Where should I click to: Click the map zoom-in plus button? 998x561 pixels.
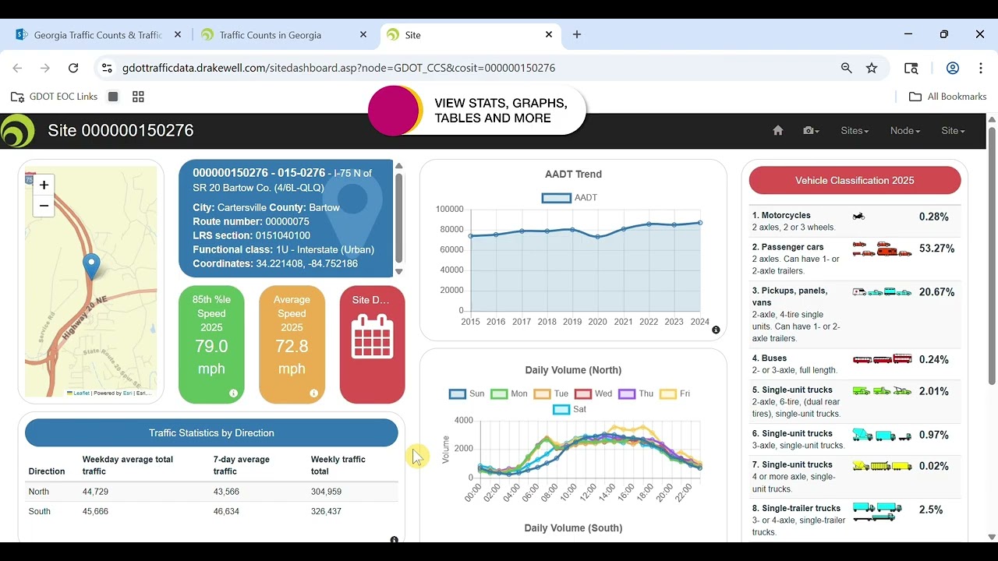[44, 185]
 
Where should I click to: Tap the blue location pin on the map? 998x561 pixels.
[91, 265]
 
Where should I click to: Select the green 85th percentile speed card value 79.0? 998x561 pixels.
[211, 346]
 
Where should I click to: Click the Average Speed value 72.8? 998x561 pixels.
[292, 346]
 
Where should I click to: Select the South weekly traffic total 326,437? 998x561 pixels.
[326, 511]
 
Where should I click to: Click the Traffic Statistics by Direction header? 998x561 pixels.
[211, 432]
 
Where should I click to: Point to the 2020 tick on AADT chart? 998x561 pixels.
[597, 322]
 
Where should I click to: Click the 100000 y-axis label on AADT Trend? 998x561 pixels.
[449, 209]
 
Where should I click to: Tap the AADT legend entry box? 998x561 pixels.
[557, 198]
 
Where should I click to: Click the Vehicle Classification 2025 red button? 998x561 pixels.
[855, 180]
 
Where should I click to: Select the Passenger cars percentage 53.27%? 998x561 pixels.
[936, 249]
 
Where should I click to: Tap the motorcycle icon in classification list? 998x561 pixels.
[858, 217]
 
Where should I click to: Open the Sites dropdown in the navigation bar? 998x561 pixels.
[855, 131]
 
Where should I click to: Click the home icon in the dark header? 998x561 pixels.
[777, 131]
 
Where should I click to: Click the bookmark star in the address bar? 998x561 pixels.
[872, 68]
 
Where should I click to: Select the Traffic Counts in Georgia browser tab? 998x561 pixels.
[271, 35]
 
